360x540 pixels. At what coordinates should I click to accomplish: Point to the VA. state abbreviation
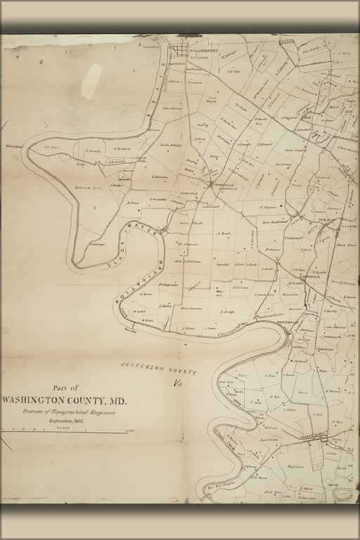point(176,384)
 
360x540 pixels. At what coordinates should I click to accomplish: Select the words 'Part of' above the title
point(66,387)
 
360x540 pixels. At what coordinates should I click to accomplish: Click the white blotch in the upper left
point(91,81)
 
